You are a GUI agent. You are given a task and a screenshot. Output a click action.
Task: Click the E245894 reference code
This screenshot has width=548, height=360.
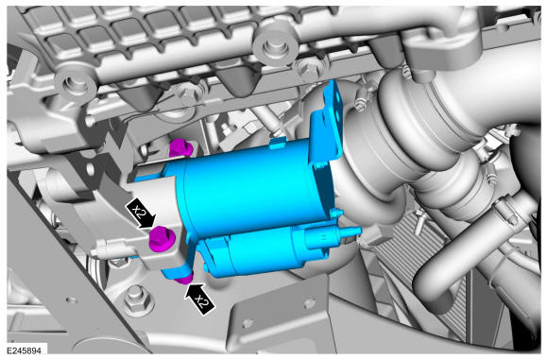tap(25, 351)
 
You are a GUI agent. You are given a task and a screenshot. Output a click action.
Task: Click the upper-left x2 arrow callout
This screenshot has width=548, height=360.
tap(141, 214)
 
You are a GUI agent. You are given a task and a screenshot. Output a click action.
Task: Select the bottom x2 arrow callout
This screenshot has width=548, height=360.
tap(199, 299)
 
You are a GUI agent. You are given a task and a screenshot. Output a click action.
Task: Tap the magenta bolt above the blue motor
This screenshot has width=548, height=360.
tap(180, 148)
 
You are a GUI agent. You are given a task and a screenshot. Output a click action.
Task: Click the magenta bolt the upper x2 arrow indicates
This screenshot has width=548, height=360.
tap(162, 239)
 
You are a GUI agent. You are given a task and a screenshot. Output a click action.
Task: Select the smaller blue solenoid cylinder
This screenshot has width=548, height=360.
tap(265, 249)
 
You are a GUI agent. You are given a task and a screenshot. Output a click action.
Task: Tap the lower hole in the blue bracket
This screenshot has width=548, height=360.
tap(337, 115)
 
